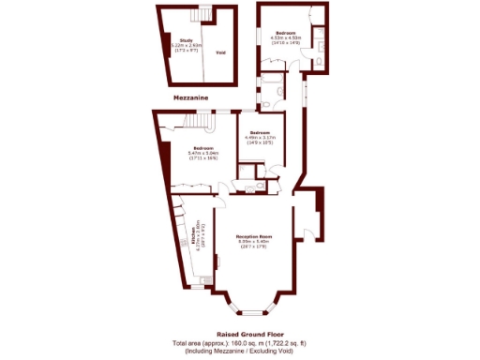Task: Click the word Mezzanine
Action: point(190,97)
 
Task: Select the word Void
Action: point(220,52)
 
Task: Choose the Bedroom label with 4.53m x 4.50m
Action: point(286,33)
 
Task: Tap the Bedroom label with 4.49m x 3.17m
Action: point(260,132)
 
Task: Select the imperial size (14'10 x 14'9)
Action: point(286,43)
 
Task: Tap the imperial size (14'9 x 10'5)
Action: point(260,142)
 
